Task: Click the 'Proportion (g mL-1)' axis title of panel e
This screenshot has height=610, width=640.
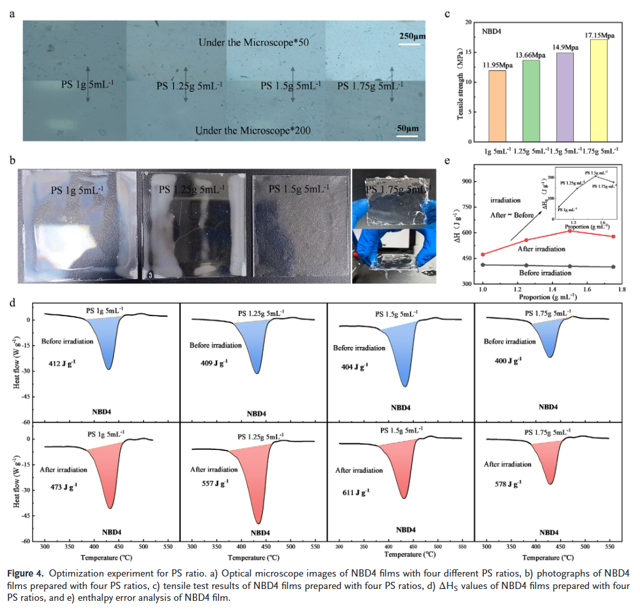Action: pos(549,296)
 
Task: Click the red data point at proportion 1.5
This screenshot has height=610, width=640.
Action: pos(570,231)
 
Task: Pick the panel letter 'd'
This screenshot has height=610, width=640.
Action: pos(13,303)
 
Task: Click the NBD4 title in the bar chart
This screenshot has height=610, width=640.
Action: pos(492,31)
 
